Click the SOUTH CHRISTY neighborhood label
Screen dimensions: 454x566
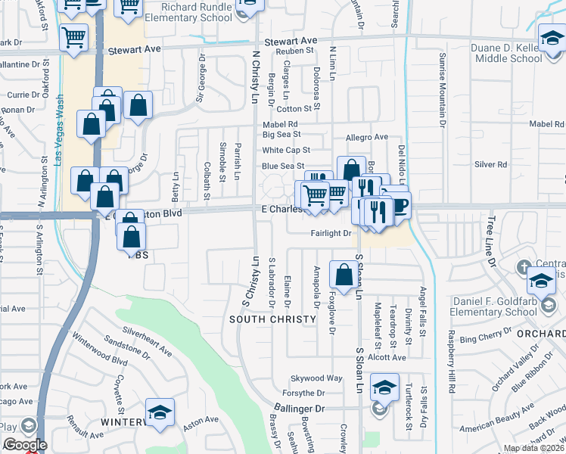[272, 319]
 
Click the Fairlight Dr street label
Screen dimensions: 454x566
[331, 234]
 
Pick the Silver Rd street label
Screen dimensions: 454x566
[490, 164]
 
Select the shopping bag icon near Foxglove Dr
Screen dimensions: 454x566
[344, 275]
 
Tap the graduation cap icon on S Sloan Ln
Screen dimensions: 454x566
[385, 390]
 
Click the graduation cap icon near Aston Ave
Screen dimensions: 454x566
[160, 413]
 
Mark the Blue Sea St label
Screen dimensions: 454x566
[283, 166]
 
